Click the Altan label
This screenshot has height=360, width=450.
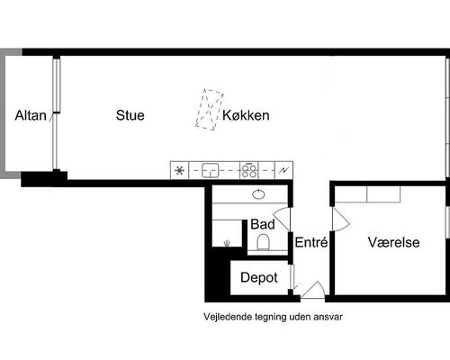pyautogui.click(x=31, y=115)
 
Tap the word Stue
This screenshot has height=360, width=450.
pyautogui.click(x=130, y=115)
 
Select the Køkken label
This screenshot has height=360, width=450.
pyautogui.click(x=246, y=115)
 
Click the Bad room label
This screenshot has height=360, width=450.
pyautogui.click(x=262, y=223)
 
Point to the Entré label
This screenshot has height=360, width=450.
pyautogui.click(x=310, y=242)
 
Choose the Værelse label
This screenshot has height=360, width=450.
pyautogui.click(x=393, y=242)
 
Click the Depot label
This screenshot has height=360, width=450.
pyautogui.click(x=259, y=278)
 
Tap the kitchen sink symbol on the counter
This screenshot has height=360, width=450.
pyautogui.click(x=211, y=169)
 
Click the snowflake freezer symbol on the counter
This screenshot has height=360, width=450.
pyautogui.click(x=179, y=169)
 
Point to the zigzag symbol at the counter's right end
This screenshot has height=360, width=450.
pyautogui.click(x=285, y=169)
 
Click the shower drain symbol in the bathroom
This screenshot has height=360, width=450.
pyautogui.click(x=225, y=242)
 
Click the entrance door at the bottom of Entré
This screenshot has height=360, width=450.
pyautogui.click(x=313, y=290)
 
